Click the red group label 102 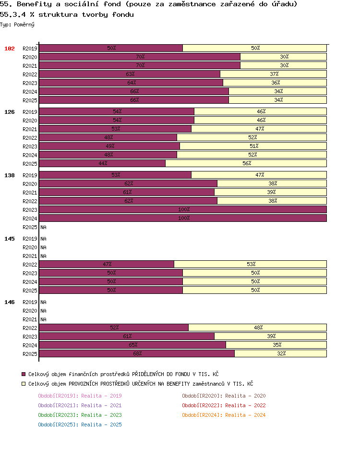(x=10, y=49)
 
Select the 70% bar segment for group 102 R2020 (x=140, y=57)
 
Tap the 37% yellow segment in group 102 (x=274, y=74)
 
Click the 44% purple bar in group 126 (x=102, y=163)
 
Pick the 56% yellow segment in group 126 (x=246, y=163)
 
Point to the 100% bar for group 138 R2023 (x=183, y=209)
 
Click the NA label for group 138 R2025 (x=44, y=227)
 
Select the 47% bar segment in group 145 (x=107, y=264)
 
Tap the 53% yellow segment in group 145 (x=251, y=264)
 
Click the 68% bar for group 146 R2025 (x=137, y=353)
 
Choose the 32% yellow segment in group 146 (x=281, y=353)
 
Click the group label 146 (x=10, y=302)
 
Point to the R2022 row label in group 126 (x=30, y=138)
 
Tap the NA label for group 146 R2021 (x=44, y=319)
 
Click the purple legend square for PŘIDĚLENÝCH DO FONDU (x=24, y=374)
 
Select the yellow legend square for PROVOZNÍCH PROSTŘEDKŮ (x=24, y=384)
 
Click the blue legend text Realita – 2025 (x=101, y=425)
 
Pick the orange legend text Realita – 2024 (x=245, y=415)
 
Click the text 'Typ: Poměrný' (x=17, y=24)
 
